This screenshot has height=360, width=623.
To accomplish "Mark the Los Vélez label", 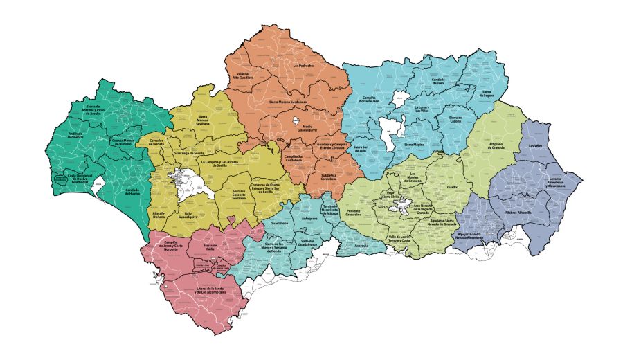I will tap(535, 146).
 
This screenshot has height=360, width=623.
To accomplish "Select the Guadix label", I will tap(453, 187).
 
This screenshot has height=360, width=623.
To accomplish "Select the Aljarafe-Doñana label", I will tap(159, 214).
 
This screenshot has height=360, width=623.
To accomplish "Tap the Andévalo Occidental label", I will tap(77, 135).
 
